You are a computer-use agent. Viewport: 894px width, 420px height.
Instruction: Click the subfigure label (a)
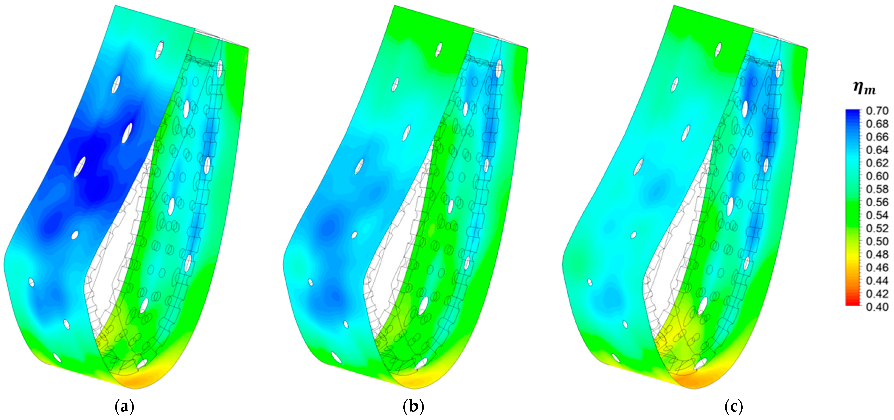[124, 407]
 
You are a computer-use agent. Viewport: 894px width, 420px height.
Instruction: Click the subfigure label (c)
[734, 407]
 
